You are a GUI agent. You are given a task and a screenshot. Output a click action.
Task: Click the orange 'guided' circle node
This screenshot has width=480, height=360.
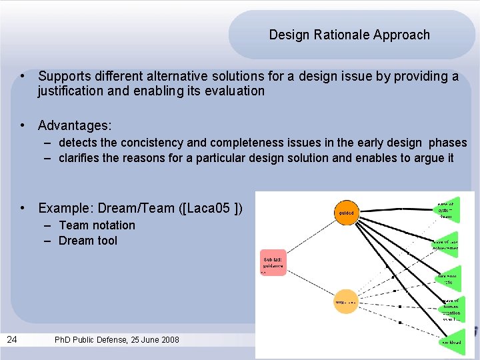pyautogui.click(x=346, y=213)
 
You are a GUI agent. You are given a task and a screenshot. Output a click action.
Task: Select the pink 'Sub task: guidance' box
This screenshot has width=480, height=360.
pyautogui.click(x=273, y=263)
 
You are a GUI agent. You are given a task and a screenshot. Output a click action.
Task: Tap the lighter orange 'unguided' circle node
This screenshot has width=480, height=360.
pyautogui.click(x=345, y=302)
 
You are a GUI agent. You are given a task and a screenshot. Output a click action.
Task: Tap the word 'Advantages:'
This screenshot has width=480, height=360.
pyautogui.click(x=75, y=125)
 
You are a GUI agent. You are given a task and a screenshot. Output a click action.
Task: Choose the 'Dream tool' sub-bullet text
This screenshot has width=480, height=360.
pyautogui.click(x=87, y=241)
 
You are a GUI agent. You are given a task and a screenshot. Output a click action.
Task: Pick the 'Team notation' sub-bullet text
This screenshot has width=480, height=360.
pyautogui.click(x=97, y=225)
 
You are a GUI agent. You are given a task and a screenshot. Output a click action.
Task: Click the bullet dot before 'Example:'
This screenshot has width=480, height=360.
pyautogui.click(x=23, y=208)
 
